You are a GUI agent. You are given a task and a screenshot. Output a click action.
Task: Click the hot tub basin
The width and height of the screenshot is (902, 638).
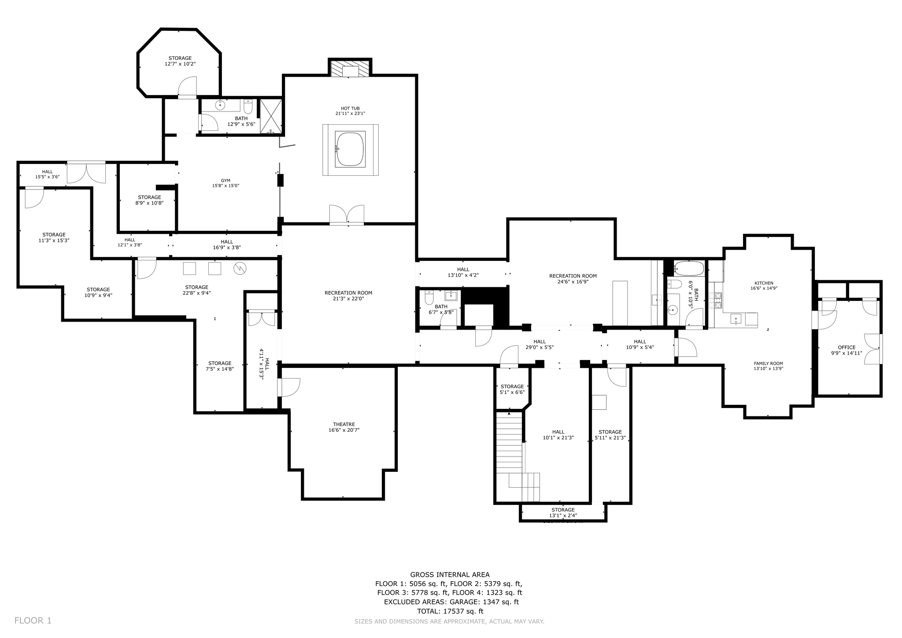tap(350, 149)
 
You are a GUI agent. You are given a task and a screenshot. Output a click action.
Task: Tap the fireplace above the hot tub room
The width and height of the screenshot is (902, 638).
tap(350, 68)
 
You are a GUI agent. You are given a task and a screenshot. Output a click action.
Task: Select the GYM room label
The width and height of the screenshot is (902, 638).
tap(225, 181)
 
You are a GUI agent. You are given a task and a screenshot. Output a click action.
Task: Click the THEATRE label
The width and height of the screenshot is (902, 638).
tap(344, 424)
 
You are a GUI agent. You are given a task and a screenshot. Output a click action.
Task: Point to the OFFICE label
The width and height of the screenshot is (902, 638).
tap(847, 347)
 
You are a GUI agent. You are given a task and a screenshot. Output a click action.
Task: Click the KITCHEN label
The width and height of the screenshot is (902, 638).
tap(764, 283)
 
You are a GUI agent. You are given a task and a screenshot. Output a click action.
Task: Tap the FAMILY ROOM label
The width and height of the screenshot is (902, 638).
tap(769, 364)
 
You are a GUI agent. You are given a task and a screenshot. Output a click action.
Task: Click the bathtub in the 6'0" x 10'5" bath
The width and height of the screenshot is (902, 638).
tap(689, 268)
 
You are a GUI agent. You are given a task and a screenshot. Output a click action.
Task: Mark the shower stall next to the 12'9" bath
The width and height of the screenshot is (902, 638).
tap(270, 116)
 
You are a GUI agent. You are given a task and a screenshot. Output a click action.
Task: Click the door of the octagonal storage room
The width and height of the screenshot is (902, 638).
tap(187, 87)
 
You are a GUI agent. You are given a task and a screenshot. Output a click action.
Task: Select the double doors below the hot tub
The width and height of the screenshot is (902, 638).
tap(347, 215)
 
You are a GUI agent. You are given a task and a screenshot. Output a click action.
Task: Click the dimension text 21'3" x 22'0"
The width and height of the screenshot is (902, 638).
tap(348, 299)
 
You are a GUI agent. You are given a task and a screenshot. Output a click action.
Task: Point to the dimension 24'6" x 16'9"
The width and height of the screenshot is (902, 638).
tap(573, 282)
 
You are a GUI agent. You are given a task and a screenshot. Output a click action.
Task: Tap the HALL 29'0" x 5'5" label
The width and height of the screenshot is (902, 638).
tap(540, 344)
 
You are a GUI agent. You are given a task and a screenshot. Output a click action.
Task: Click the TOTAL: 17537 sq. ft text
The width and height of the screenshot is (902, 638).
tap(450, 611)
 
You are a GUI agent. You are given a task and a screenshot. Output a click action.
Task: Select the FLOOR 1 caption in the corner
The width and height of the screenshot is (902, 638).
tap(33, 620)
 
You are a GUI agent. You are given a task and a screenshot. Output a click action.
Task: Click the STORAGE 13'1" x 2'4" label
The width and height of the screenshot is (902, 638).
tap(563, 512)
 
